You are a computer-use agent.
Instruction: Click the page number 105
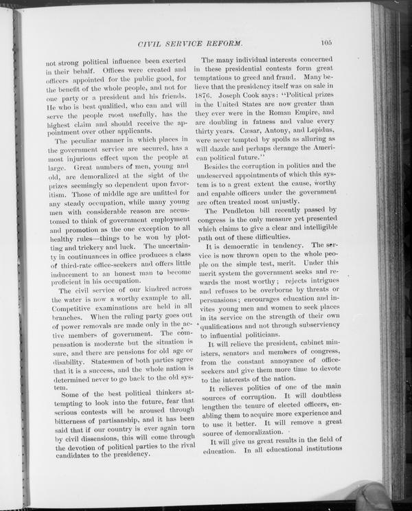(x=325, y=43)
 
